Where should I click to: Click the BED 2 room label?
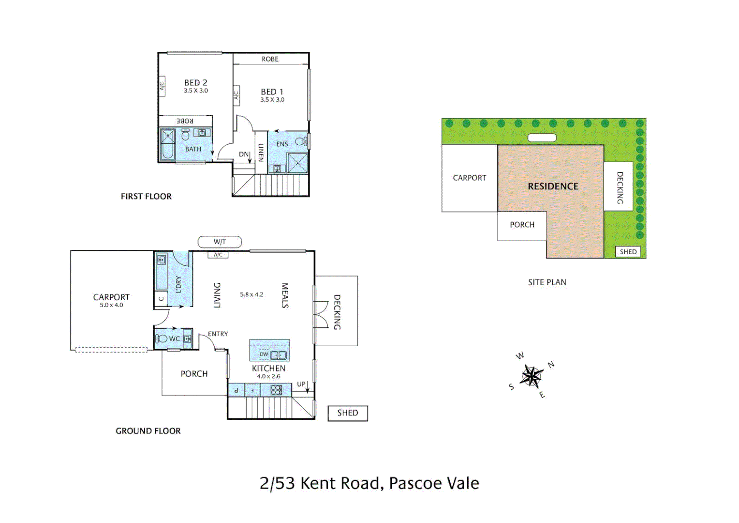195,83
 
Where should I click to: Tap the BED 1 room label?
272,92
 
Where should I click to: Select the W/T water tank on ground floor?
220,242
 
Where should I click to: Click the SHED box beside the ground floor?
348,413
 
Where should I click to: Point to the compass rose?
532,376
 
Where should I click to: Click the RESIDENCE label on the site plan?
553,186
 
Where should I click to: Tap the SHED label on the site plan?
628,252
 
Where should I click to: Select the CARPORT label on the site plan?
469,178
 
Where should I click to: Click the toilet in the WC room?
161,338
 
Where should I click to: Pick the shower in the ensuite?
297,162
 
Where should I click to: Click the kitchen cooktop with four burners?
276,390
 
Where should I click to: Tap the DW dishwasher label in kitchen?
264,354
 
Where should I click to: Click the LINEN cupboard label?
261,153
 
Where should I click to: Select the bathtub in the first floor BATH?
167,144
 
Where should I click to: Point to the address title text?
369,483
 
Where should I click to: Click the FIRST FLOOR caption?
146,197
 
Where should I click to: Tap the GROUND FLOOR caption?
148,431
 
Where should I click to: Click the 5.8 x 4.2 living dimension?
251,294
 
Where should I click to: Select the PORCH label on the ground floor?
194,374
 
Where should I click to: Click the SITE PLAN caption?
547,282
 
